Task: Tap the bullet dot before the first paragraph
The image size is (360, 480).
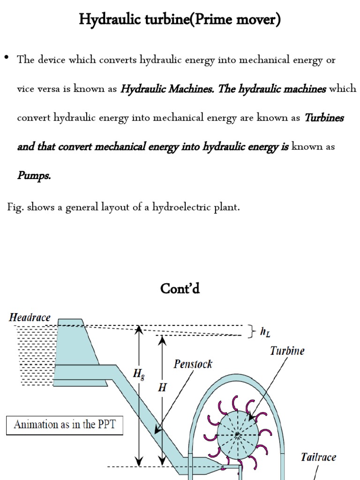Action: [x=7, y=58]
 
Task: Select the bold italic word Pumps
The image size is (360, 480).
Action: [x=34, y=176]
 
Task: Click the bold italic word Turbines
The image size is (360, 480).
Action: [x=324, y=118]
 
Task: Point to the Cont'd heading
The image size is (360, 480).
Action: [x=180, y=288]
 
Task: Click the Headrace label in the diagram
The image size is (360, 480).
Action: [x=30, y=317]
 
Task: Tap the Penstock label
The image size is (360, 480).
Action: [x=193, y=364]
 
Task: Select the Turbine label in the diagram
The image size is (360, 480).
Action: [x=287, y=351]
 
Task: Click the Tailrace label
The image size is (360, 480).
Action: [x=318, y=457]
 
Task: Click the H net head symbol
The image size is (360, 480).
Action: [x=162, y=389]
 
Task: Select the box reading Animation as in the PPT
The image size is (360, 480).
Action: [x=65, y=426]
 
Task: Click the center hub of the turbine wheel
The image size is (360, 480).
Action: [x=238, y=435]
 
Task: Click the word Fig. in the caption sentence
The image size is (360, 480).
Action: [x=15, y=207]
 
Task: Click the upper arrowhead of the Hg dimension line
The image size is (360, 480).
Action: [x=138, y=328]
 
